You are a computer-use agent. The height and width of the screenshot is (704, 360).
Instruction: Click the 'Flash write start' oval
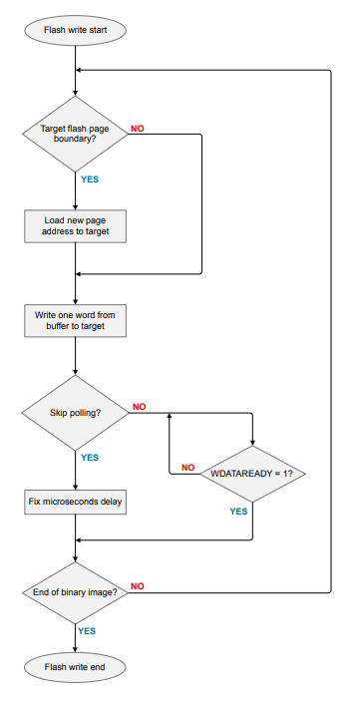pos(76,30)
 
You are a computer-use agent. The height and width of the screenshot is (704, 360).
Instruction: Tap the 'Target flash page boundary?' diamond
pos(76,135)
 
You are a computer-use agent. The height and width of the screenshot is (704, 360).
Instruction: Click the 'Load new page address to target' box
pos(76,225)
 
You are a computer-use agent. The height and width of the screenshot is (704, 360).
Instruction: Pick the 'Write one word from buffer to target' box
pos(76,320)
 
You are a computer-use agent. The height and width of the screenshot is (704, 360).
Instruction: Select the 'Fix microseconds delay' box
pos(76,502)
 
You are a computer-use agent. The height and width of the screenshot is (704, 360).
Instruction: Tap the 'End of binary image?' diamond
pos(76,592)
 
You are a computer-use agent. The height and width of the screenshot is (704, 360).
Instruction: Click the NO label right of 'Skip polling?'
pos(139,407)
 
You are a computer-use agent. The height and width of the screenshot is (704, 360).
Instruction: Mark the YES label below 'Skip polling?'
pos(90,457)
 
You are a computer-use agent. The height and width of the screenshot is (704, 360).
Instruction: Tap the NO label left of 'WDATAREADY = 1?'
pos(187,467)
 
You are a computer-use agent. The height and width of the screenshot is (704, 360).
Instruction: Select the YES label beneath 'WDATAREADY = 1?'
pos(239,511)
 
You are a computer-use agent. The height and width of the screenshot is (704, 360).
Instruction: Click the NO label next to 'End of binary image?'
pos(139,586)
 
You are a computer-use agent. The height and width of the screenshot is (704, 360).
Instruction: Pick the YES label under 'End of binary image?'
pos(88,631)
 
